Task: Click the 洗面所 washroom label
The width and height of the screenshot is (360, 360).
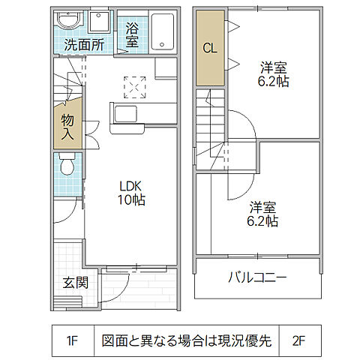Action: pyautogui.click(x=83, y=44)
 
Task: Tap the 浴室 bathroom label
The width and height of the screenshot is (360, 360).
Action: pyautogui.click(x=132, y=34)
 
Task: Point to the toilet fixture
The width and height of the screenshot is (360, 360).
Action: pyautogui.click(x=66, y=165)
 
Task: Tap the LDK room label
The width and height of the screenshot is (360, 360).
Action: pyautogui.click(x=129, y=185)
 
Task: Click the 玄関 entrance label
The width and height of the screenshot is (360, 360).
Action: pyautogui.click(x=76, y=283)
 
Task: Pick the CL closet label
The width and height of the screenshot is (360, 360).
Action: pyautogui.click(x=209, y=48)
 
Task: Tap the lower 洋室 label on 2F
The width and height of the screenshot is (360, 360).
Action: pyautogui.click(x=263, y=207)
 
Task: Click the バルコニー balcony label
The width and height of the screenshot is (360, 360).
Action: pyautogui.click(x=257, y=278)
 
